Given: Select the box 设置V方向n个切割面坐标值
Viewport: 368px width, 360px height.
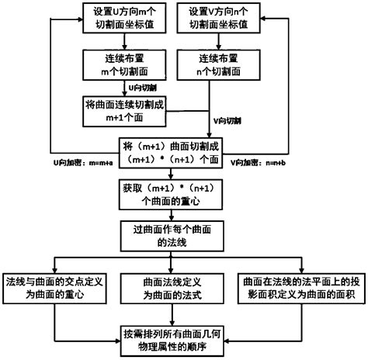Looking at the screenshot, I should point(227,19).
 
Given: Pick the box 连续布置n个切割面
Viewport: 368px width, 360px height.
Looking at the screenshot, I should point(227,65).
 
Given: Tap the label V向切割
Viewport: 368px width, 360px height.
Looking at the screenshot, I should point(227,122).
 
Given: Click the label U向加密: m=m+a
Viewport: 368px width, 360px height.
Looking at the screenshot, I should point(81,164).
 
